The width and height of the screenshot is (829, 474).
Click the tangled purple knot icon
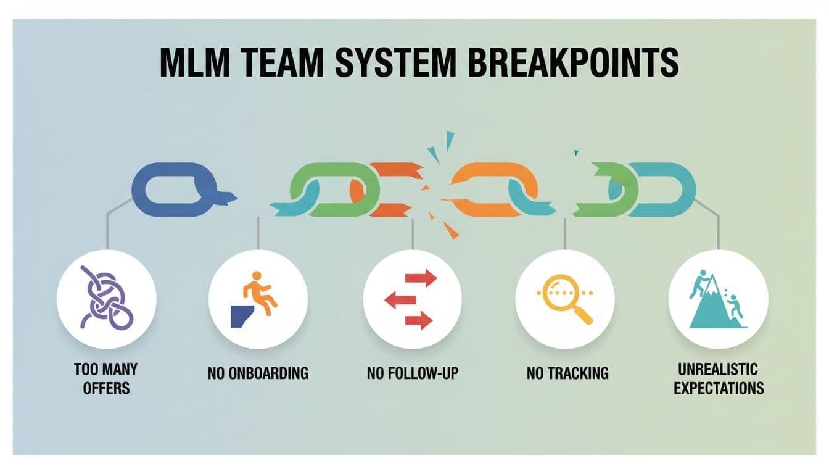(x=106, y=299)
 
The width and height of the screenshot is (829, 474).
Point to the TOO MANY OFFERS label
(x=106, y=379)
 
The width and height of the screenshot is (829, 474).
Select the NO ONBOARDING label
(x=258, y=373)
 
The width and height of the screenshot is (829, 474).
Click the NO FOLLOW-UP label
(x=413, y=373)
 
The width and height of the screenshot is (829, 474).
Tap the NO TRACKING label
(x=567, y=373)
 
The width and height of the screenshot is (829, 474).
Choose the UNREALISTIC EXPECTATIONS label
(x=719, y=380)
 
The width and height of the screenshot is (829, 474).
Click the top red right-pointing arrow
(x=421, y=279)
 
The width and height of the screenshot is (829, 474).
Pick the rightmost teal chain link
(x=666, y=185)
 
